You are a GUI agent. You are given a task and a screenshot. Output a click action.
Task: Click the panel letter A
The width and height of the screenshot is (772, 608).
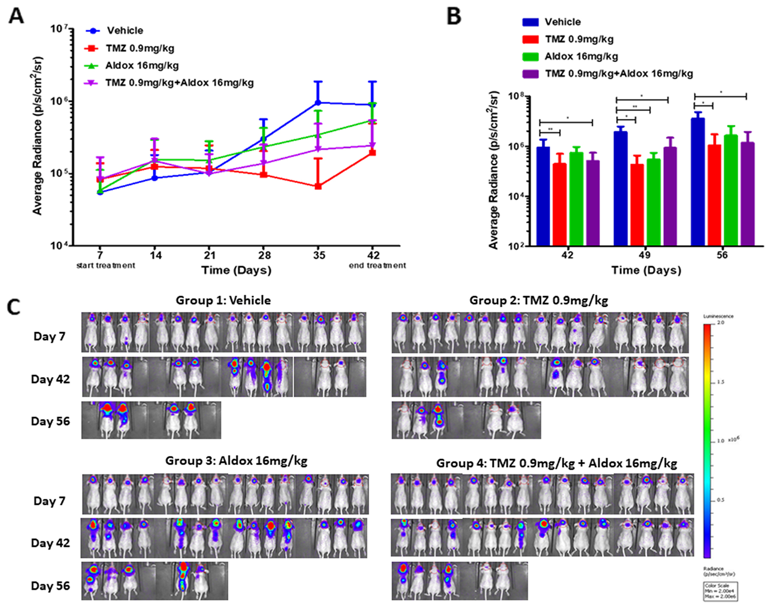pos(16,17)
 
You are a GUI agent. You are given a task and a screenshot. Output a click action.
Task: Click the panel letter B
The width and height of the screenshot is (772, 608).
pos(454,17)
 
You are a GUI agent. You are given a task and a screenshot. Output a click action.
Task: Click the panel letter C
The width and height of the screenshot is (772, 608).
pos(14,307)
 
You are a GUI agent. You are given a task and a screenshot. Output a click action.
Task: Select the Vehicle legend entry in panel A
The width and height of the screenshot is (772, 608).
pos(124,30)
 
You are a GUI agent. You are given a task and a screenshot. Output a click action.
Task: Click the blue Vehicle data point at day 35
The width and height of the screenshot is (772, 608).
pos(318,103)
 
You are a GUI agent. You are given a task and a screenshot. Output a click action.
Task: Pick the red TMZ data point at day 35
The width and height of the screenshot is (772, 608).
pos(318,186)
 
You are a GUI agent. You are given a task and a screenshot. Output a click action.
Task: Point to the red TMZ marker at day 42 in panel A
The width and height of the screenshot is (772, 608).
pos(372,153)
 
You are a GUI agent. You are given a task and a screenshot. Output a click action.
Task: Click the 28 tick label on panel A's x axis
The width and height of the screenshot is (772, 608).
pos(264,255)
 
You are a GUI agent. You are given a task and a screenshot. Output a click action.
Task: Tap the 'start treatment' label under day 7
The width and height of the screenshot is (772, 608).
pos(106,266)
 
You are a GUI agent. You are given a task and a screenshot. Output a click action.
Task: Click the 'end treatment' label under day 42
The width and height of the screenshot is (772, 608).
pos(377,266)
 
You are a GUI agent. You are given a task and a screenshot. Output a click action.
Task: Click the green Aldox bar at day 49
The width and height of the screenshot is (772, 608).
pos(654,202)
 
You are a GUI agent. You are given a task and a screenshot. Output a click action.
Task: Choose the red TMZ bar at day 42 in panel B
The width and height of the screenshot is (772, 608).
pos(559,204)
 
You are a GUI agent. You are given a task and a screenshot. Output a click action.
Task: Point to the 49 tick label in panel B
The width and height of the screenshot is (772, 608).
pos(645,255)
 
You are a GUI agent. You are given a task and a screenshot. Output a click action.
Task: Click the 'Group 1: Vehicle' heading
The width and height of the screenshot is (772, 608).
pos(223,300)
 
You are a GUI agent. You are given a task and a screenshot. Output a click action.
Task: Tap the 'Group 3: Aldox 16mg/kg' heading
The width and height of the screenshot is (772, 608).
pos(236,461)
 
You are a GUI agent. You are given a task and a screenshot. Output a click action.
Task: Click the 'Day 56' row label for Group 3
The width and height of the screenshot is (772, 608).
pos(50,586)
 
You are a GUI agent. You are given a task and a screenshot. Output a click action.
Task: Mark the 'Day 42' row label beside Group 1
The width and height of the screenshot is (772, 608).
pos(50,379)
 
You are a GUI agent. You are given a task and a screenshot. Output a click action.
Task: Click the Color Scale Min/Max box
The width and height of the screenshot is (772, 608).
pos(720,591)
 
